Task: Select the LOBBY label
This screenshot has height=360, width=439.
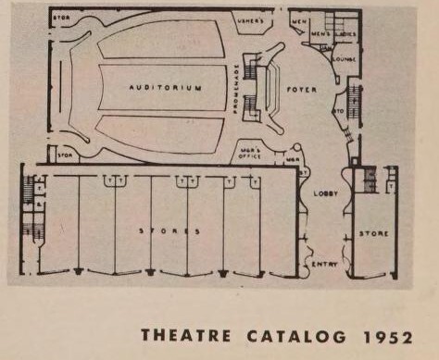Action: (326, 192)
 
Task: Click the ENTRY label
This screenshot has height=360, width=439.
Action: (324, 264)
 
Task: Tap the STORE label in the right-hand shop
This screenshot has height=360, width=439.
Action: (374, 233)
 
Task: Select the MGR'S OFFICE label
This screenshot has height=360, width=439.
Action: (250, 153)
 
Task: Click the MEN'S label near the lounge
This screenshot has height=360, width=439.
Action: (321, 34)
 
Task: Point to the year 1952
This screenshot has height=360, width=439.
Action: (386, 335)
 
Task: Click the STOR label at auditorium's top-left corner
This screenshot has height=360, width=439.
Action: (63, 19)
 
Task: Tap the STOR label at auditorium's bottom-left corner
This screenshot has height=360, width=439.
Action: (63, 155)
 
